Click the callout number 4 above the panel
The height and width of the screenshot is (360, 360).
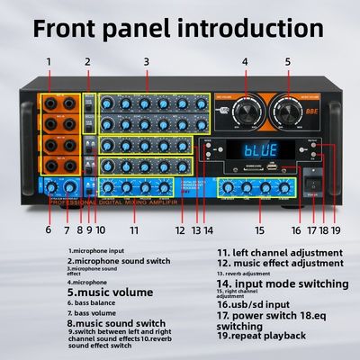(244, 62)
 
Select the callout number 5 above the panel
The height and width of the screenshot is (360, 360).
(288, 62)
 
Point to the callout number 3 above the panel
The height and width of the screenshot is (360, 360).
(145, 62)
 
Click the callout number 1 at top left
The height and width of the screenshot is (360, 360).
(49, 62)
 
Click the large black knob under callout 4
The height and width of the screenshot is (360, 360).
(244, 112)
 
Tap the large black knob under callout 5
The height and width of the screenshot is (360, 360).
(290, 112)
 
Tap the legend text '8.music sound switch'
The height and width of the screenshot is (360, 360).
(117, 321)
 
